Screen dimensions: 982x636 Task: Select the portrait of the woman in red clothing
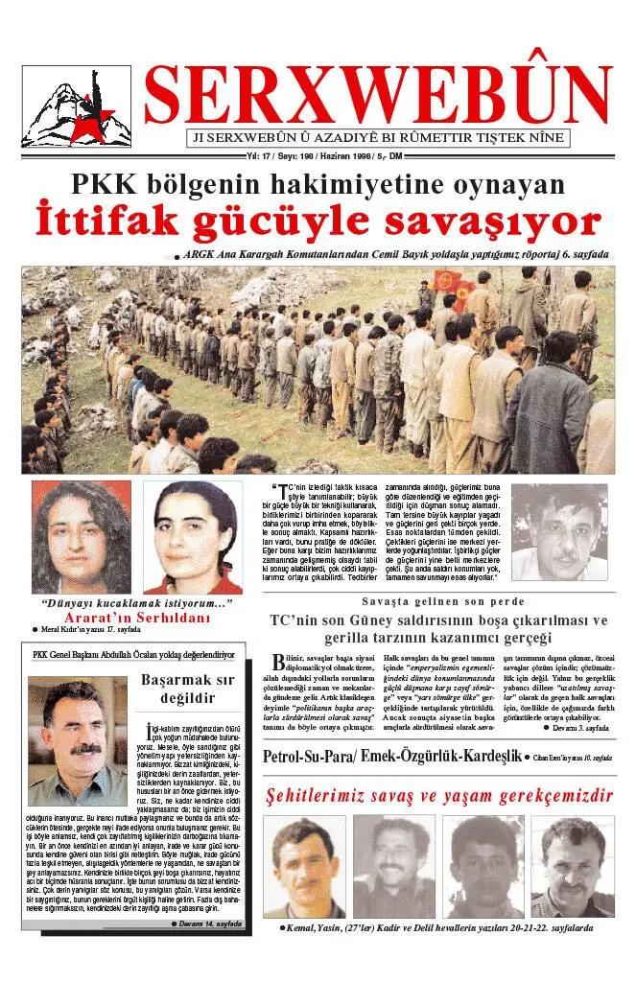point(193,537)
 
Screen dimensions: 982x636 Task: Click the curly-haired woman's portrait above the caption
point(82,537)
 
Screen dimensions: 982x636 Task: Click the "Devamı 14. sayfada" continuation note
point(204,924)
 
